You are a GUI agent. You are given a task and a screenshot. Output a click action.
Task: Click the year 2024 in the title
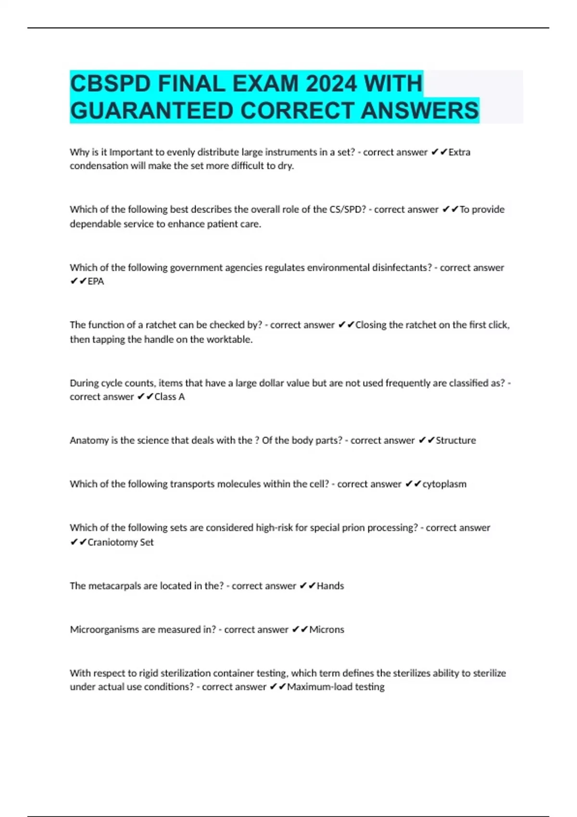[332, 84]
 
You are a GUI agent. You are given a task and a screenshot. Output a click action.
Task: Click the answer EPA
[96, 282]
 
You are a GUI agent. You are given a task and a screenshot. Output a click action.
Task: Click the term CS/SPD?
[348, 210]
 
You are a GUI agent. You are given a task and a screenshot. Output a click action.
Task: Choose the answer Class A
[169, 397]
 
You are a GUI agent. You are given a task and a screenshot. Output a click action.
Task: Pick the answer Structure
[455, 440]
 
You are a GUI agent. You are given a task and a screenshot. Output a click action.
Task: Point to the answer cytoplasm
[444, 484]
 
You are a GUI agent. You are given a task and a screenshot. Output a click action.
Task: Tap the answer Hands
[330, 586]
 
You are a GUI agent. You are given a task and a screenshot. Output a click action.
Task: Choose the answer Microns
[326, 630]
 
